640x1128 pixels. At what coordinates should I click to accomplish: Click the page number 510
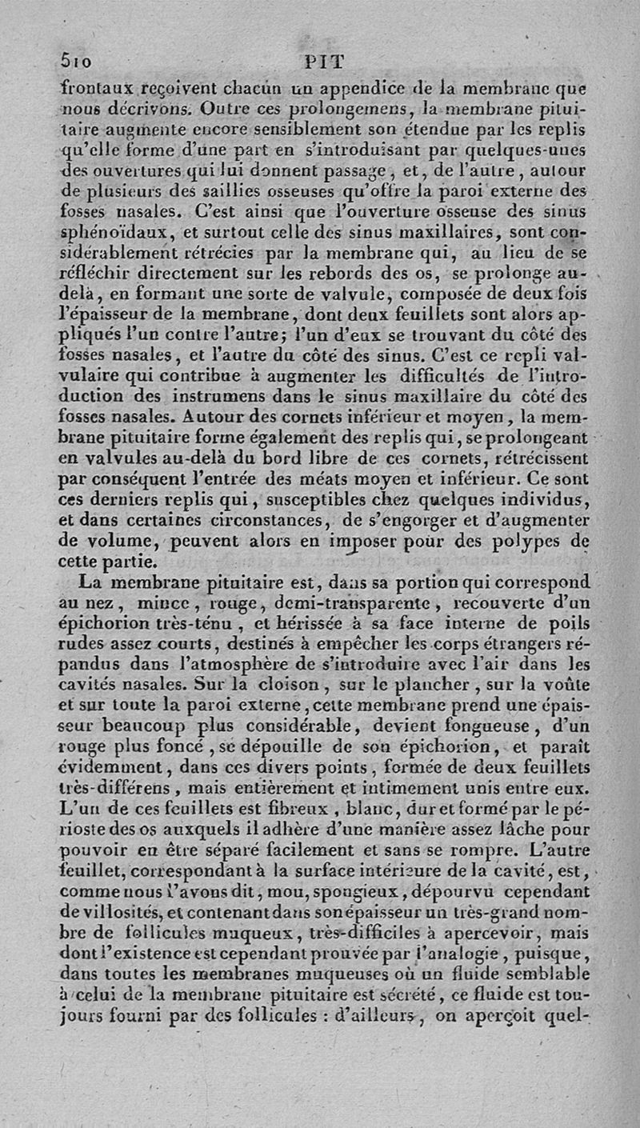(x=78, y=61)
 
